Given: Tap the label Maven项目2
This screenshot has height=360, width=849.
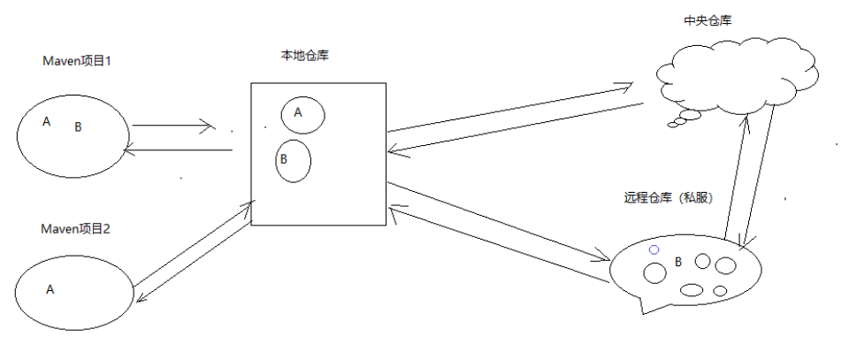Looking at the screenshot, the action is pyautogui.click(x=75, y=228).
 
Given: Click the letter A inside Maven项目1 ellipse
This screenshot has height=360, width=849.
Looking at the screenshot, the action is pyautogui.click(x=46, y=121).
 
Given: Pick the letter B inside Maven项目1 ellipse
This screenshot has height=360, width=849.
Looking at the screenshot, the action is pyautogui.click(x=78, y=127).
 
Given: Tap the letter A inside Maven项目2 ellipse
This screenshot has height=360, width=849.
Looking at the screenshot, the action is pyautogui.click(x=50, y=288).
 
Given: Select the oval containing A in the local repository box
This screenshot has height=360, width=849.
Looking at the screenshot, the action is pyautogui.click(x=302, y=114).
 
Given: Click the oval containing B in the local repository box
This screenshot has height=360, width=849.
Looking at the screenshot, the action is pyautogui.click(x=293, y=161).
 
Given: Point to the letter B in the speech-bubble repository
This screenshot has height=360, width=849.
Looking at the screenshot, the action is pyautogui.click(x=678, y=262).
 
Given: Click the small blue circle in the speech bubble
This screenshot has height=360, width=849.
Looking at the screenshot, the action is pyautogui.click(x=654, y=249).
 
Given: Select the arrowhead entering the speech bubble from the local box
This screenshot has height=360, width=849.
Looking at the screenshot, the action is pyautogui.click(x=607, y=258).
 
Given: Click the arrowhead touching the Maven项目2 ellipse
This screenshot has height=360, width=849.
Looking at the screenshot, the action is pyautogui.click(x=137, y=299).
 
